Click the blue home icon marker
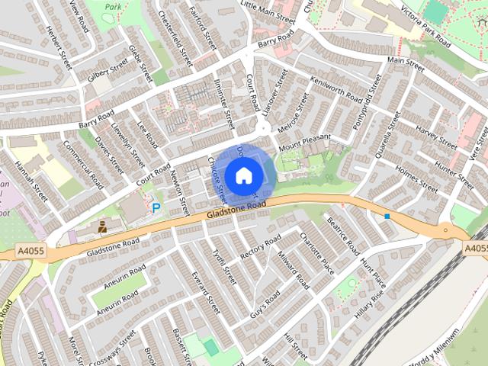click(243, 176)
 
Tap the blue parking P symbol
click(156, 207)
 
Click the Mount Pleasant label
click(305, 142)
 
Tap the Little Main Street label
click(267, 9)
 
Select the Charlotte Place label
click(316, 252)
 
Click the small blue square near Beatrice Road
click(387, 217)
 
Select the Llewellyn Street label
click(127, 146)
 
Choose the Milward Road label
click(294, 273)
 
